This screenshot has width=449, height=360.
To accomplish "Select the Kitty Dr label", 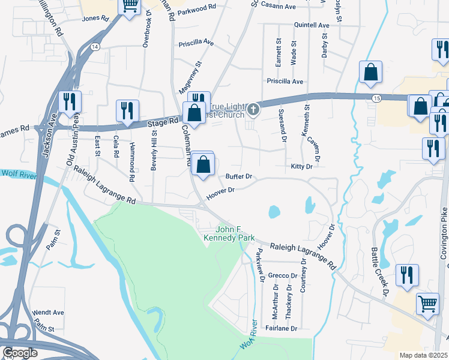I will tap(302, 166).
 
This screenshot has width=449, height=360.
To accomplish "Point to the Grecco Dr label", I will tap(283, 275).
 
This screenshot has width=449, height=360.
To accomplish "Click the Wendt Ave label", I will tap(49, 313).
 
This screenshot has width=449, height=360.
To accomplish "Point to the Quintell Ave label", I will tap(312, 26).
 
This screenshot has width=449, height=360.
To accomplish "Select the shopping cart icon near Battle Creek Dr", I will tap(427, 304).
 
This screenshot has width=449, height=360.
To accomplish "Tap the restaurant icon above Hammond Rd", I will tap(127, 111).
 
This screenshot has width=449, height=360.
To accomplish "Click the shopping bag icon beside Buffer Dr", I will tap(203, 164).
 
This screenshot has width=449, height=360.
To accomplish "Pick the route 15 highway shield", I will tap(376, 97).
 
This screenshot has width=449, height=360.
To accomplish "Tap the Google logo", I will tap(20, 353).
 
